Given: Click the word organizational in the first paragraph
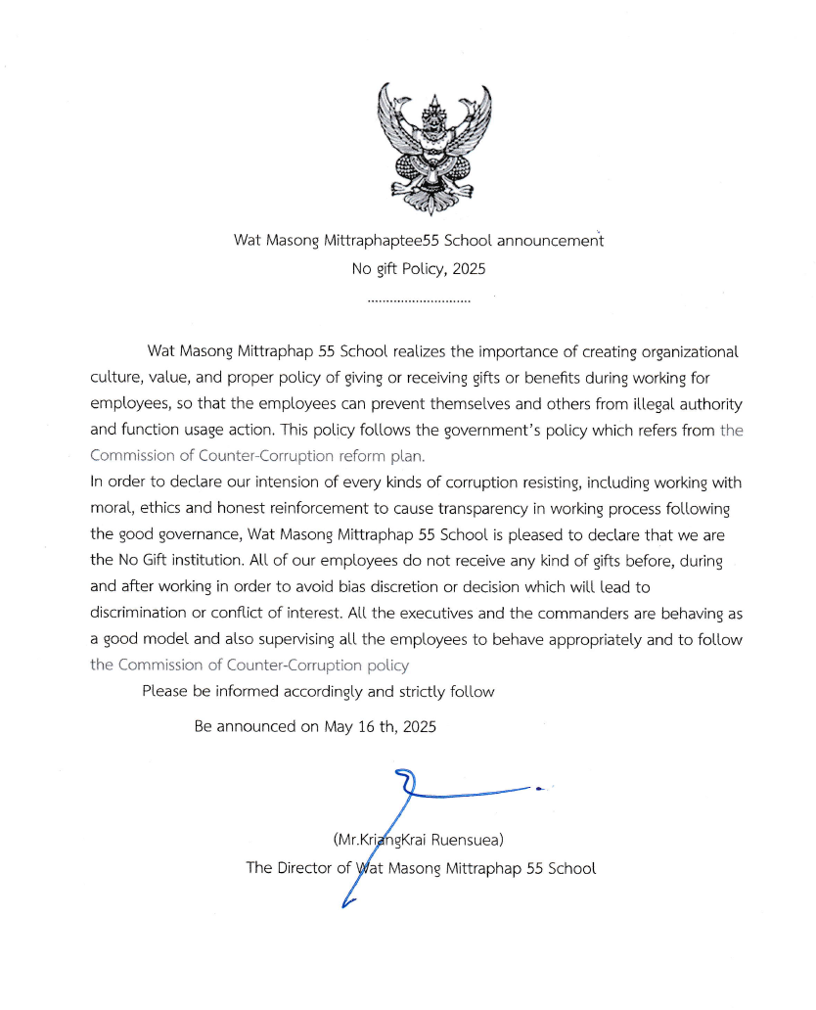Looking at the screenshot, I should (690, 351).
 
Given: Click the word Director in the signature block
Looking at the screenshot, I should (304, 867).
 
